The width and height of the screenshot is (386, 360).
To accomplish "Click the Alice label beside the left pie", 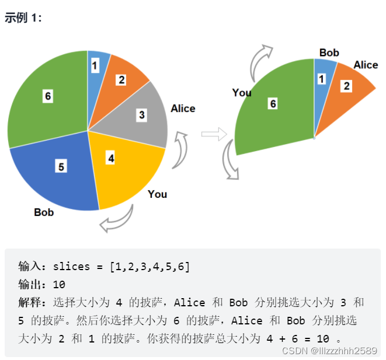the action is (183, 109).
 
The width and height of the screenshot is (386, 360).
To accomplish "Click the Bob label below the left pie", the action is (44, 212).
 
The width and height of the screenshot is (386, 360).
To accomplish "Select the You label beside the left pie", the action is (157, 194).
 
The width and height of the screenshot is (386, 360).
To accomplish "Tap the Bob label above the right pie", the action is (329, 53).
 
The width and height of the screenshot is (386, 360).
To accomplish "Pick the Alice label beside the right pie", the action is (366, 65).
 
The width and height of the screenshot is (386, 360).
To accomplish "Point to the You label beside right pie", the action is (242, 92).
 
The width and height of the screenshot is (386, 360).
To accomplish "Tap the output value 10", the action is (58, 285).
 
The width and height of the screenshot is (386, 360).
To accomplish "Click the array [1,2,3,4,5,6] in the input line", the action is (150, 267).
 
